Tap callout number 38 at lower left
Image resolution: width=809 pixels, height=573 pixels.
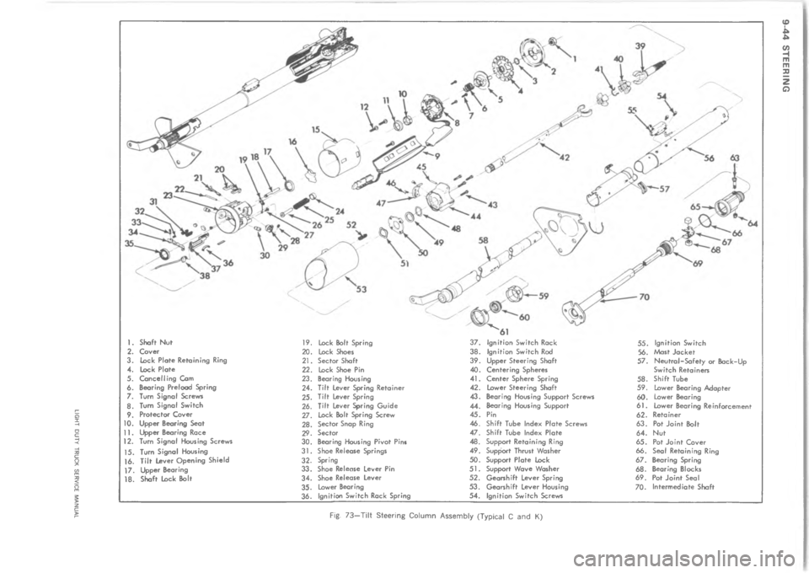tap(203, 274)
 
